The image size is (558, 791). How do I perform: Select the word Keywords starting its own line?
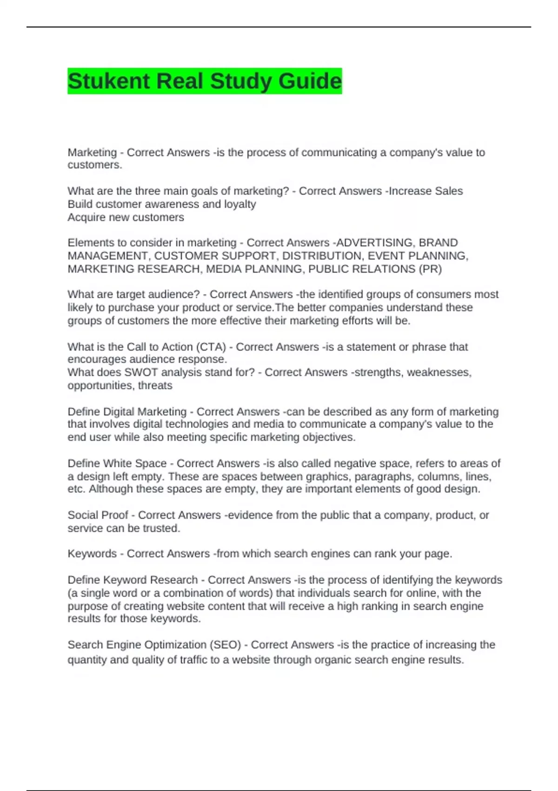(x=92, y=554)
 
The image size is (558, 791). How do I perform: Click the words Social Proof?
(x=98, y=515)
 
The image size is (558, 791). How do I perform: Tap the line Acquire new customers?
(x=126, y=217)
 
